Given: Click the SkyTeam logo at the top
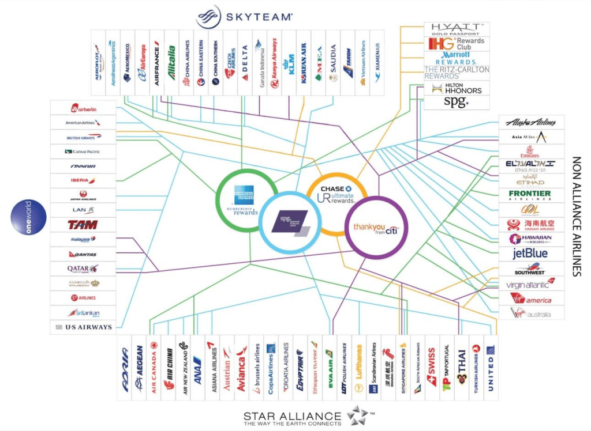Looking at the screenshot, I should tap(244, 17).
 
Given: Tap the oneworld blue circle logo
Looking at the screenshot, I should tap(28, 217).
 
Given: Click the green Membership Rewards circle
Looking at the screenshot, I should tap(245, 201).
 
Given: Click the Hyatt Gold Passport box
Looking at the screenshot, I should tap(457, 29).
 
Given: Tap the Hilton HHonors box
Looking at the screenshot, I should tap(457, 88).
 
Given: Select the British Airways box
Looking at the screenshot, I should tap(83, 137).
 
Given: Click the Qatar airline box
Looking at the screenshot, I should tap(83, 269).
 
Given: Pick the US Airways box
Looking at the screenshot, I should tap(83, 327).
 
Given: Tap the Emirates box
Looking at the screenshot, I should tap(531, 152).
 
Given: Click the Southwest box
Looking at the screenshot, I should tap(531, 269).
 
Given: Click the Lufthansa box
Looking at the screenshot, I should tap(358, 368).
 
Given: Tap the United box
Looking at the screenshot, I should tap(491, 368).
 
